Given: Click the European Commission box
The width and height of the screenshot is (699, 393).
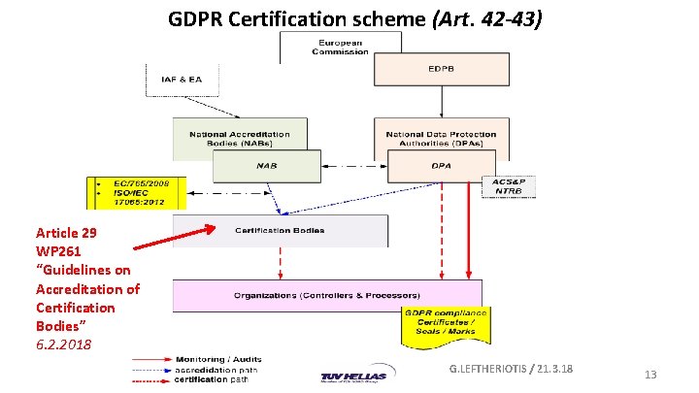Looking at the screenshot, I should pos(340,47).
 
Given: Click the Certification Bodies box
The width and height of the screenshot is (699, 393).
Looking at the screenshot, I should pos(280,231).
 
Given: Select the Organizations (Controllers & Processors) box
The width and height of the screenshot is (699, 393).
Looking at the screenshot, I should pos(326,295).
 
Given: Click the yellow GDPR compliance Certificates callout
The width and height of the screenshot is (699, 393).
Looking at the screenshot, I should pos(448,326).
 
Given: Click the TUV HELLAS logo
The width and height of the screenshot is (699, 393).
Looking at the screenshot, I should pos(353,377).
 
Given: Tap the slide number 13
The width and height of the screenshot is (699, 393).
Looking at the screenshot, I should pos(651,375).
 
